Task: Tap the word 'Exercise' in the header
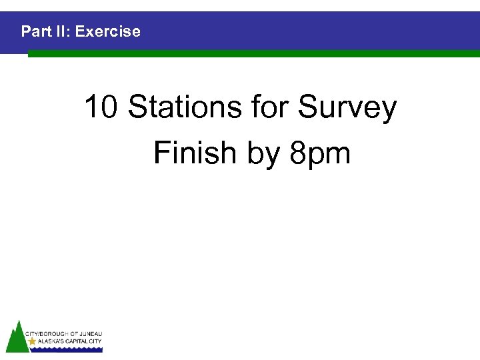point(108,31)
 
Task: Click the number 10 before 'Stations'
point(102,107)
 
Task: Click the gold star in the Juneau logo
point(33,341)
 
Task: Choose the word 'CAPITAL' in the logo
point(76,341)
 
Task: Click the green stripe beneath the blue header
point(253,54)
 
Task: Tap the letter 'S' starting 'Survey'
point(308,107)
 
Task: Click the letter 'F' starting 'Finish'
point(161,153)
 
